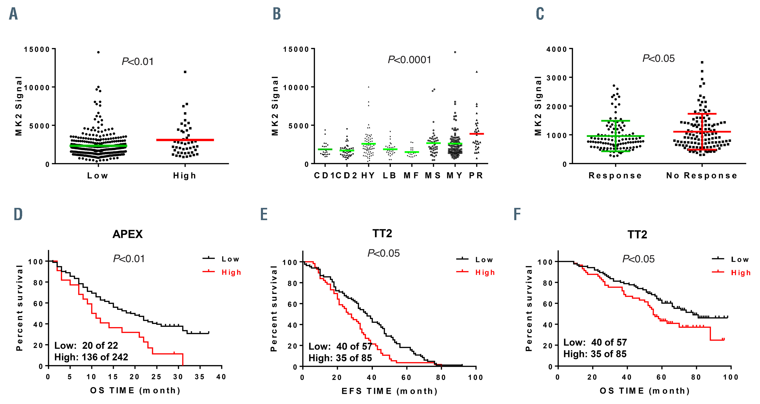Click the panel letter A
coord(13,14)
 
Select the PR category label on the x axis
coord(476,176)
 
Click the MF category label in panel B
coord(411,176)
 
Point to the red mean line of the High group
coord(185,140)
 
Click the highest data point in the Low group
coord(98,52)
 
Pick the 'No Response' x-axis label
coord(702,176)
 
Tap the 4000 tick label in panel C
coord(556,49)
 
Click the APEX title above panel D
coord(128,234)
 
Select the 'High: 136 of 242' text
coord(91,357)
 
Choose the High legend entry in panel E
coord(485,272)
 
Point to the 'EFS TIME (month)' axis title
coord(390,391)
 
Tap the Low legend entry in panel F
coord(740,260)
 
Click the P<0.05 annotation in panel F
coord(638,259)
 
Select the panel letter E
coord(264,214)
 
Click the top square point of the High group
coord(185,72)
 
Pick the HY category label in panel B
coord(368,176)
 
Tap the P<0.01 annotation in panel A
coord(138,62)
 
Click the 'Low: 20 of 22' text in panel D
coord(86,345)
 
